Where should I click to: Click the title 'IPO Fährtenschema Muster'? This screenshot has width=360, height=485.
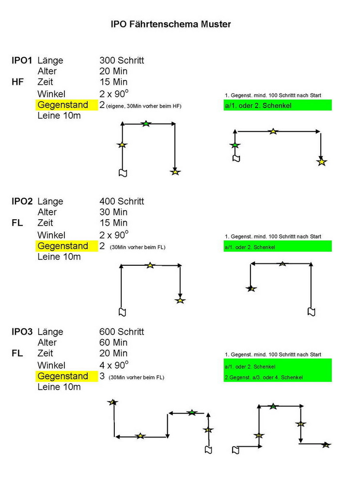[x=171, y=24]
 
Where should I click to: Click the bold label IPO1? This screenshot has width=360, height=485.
[x=22, y=61]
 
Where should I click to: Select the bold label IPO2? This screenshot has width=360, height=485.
[x=22, y=201]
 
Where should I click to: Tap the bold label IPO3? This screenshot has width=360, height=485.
[x=22, y=332]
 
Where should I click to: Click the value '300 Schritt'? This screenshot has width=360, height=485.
[x=122, y=61]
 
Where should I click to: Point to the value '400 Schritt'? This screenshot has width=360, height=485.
[x=122, y=201]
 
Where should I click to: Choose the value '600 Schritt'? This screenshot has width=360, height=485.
[x=122, y=332]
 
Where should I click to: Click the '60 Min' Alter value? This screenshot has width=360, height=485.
[x=113, y=343]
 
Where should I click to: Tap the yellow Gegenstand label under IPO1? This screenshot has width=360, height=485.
[x=63, y=105]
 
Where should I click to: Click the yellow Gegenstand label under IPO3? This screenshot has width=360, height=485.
[x=63, y=376]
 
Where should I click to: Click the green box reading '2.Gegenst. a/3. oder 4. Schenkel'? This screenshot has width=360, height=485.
[x=278, y=377]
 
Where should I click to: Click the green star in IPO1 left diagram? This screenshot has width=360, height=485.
[x=146, y=124]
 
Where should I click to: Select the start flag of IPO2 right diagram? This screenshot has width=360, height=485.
[x=312, y=311]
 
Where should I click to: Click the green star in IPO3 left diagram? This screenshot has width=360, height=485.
[x=192, y=413]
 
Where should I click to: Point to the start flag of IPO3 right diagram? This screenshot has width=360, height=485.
[x=235, y=450]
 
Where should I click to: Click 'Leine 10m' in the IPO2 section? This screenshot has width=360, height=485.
[x=59, y=257]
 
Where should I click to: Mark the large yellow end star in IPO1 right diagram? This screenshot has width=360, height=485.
[x=321, y=162]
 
